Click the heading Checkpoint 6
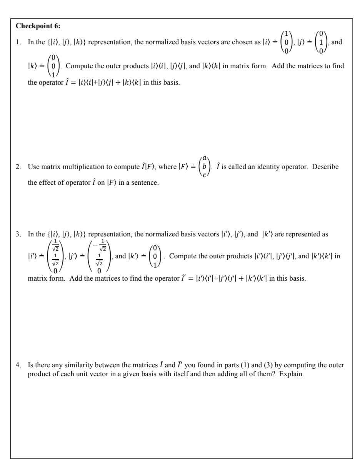point(38,26)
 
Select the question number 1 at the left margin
point(18,42)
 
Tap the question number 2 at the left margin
point(18,167)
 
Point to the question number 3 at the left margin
point(18,234)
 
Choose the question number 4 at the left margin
point(18,365)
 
